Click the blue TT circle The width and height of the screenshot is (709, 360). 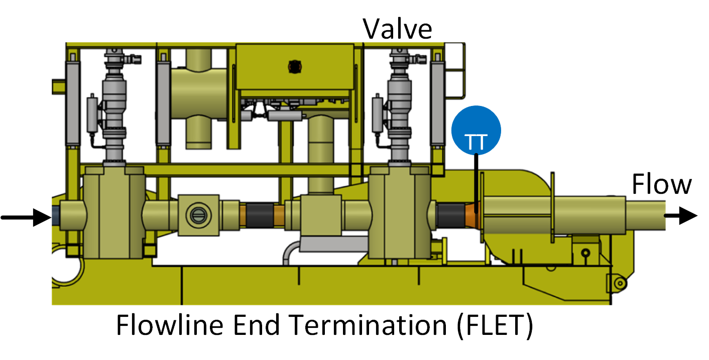(476, 131)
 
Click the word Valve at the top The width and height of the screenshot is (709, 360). (397, 29)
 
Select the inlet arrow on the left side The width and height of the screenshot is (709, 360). (26, 217)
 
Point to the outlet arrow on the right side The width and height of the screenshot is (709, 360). (680, 215)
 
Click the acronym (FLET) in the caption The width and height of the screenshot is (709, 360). (495, 326)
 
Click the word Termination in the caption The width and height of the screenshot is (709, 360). (368, 325)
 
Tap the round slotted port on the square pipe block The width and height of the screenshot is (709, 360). (198, 215)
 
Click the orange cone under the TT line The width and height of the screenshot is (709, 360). (472, 216)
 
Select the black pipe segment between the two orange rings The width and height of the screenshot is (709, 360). (260, 215)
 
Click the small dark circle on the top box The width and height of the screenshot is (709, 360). (295, 67)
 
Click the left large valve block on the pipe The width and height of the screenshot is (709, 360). (114, 213)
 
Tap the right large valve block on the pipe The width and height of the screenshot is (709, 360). (400, 213)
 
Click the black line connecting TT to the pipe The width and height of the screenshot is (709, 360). (476, 184)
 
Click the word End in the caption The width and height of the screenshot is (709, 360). (257, 325)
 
